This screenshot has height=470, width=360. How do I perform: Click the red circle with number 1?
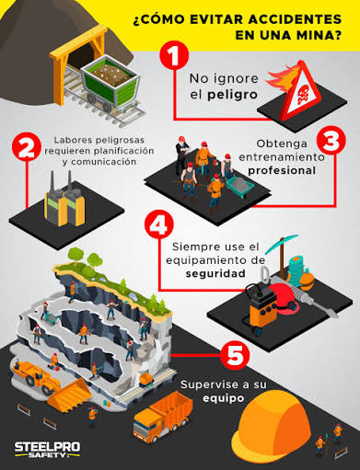[174, 56]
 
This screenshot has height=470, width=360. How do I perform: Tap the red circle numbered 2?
[27, 147]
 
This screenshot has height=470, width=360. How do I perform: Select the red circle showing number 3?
[331, 140]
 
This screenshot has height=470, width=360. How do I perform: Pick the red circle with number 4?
[159, 224]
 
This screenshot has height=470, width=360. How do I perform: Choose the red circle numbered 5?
[236, 355]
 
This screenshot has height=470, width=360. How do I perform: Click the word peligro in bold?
[232, 95]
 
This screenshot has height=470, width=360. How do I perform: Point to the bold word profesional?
[282, 170]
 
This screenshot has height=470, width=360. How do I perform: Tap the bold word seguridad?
[215, 273]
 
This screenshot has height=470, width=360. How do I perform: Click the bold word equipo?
[224, 398]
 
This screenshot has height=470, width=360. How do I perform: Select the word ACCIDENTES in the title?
[295, 19]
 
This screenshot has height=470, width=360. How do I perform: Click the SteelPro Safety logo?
[47, 450]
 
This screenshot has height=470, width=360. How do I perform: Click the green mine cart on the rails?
[110, 83]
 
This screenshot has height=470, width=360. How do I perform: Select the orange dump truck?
[163, 417]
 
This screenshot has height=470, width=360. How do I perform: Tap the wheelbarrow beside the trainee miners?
[240, 185]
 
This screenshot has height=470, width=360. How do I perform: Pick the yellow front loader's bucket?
[69, 394]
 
